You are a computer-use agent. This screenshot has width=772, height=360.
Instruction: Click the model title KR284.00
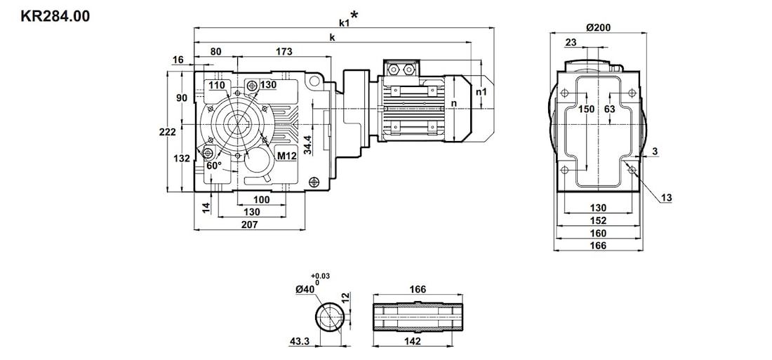(55, 15)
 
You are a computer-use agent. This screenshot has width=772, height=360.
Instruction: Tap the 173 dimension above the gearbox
(284, 51)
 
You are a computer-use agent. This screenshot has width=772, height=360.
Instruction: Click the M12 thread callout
(286, 156)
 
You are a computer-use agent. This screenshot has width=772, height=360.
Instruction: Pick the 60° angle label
(214, 166)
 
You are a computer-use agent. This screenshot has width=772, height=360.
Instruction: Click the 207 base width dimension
(250, 225)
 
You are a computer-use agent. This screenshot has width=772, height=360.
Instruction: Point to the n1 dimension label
(481, 91)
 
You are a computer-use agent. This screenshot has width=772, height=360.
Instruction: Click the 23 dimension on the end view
(571, 43)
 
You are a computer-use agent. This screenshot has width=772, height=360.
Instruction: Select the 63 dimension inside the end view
(609, 109)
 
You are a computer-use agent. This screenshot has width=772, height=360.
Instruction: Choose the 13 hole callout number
(666, 198)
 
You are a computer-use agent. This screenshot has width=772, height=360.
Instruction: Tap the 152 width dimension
(598, 220)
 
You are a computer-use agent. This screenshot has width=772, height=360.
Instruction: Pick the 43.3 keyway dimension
(299, 341)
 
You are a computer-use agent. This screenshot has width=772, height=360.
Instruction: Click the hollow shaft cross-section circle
(328, 316)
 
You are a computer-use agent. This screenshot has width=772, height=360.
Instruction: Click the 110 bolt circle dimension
(217, 85)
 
